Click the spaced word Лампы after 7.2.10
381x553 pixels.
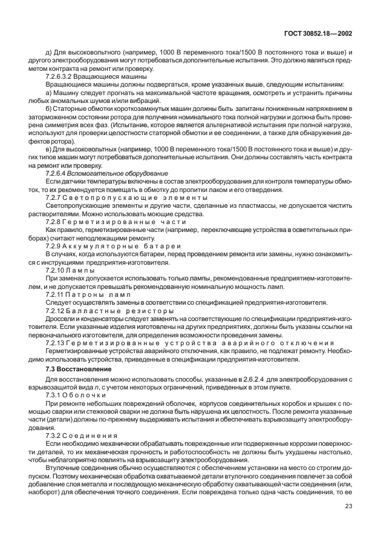click(79, 269)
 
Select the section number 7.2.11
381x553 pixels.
click(55, 293)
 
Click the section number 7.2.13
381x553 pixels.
click(55, 342)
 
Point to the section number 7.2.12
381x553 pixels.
click(55, 310)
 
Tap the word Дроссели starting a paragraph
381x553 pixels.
click(60, 317)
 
